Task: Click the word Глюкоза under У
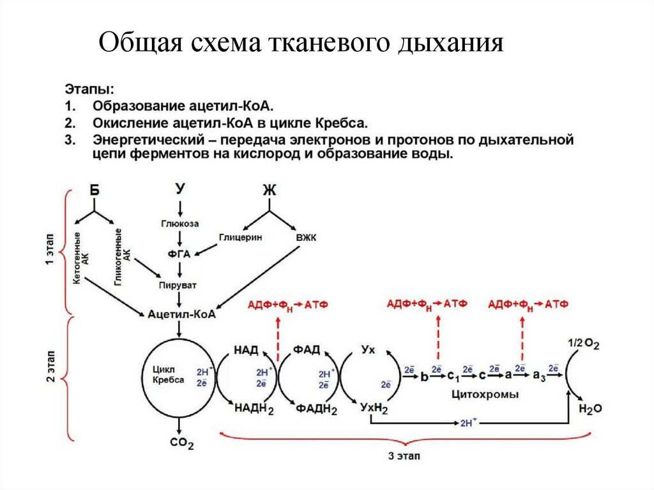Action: (179, 224)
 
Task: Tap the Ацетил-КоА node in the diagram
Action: (181, 314)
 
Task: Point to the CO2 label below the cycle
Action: (181, 443)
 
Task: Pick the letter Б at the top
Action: (95, 190)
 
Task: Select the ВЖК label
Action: (307, 238)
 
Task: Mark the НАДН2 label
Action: (254, 408)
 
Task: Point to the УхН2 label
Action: (374, 408)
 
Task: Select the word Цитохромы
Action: (484, 395)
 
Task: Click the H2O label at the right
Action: (589, 408)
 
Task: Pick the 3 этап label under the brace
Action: (404, 456)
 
